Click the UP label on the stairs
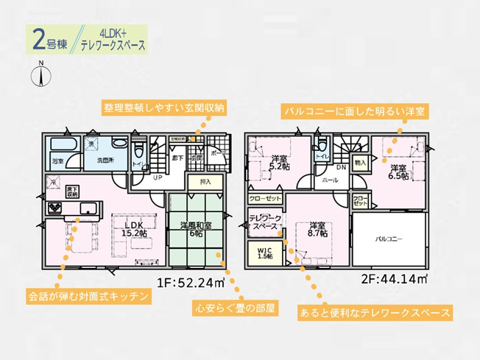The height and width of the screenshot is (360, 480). (157, 177)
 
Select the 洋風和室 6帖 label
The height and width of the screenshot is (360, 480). (197, 230)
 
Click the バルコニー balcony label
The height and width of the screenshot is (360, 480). (389, 240)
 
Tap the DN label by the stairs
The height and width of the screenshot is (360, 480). (321, 169)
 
